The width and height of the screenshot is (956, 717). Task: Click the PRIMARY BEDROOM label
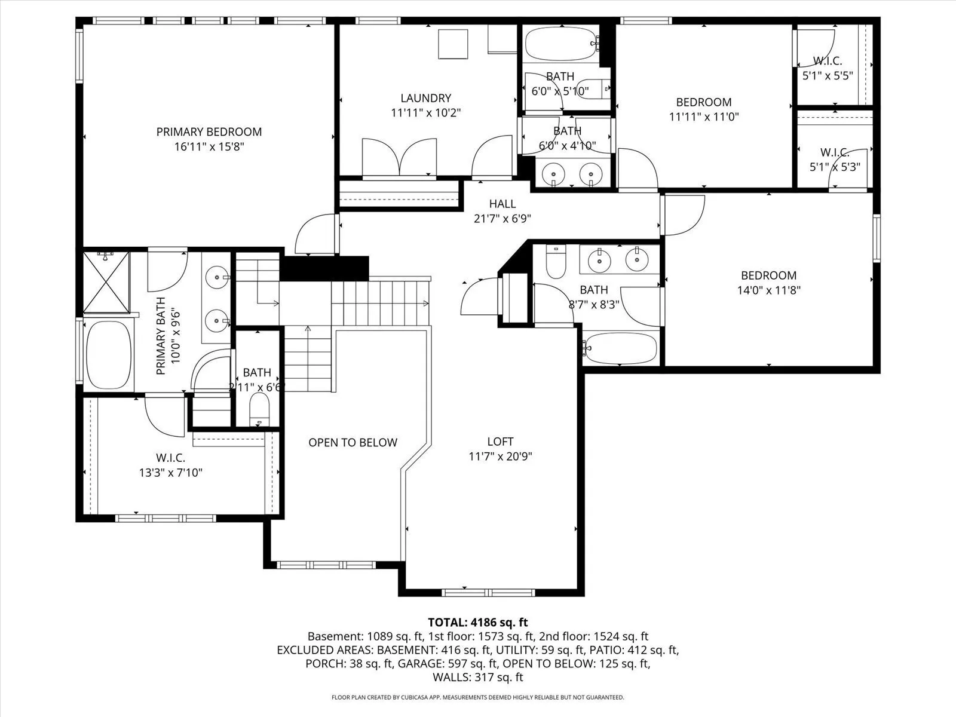[x=209, y=132]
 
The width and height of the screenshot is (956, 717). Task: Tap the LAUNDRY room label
[x=425, y=98]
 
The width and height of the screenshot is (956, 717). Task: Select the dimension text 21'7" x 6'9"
[x=502, y=219]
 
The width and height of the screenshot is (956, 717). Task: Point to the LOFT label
[x=500, y=442]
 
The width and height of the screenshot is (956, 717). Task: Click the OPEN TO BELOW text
[x=353, y=443]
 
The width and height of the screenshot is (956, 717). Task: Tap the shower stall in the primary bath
[x=106, y=282]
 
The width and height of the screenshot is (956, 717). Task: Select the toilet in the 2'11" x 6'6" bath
[x=259, y=409]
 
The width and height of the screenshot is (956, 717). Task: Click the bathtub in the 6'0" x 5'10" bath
[x=560, y=44]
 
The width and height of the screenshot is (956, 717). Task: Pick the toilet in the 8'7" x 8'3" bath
[x=556, y=261]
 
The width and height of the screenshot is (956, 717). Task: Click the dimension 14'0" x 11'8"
[x=769, y=290]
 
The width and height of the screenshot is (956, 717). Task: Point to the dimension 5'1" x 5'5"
[x=828, y=76]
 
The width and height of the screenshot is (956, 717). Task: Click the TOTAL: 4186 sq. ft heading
[x=478, y=622]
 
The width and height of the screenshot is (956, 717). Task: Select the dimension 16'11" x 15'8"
[x=209, y=147]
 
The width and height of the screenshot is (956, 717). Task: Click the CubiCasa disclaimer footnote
[x=478, y=697]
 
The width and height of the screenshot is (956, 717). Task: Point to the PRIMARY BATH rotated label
[x=161, y=336]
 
